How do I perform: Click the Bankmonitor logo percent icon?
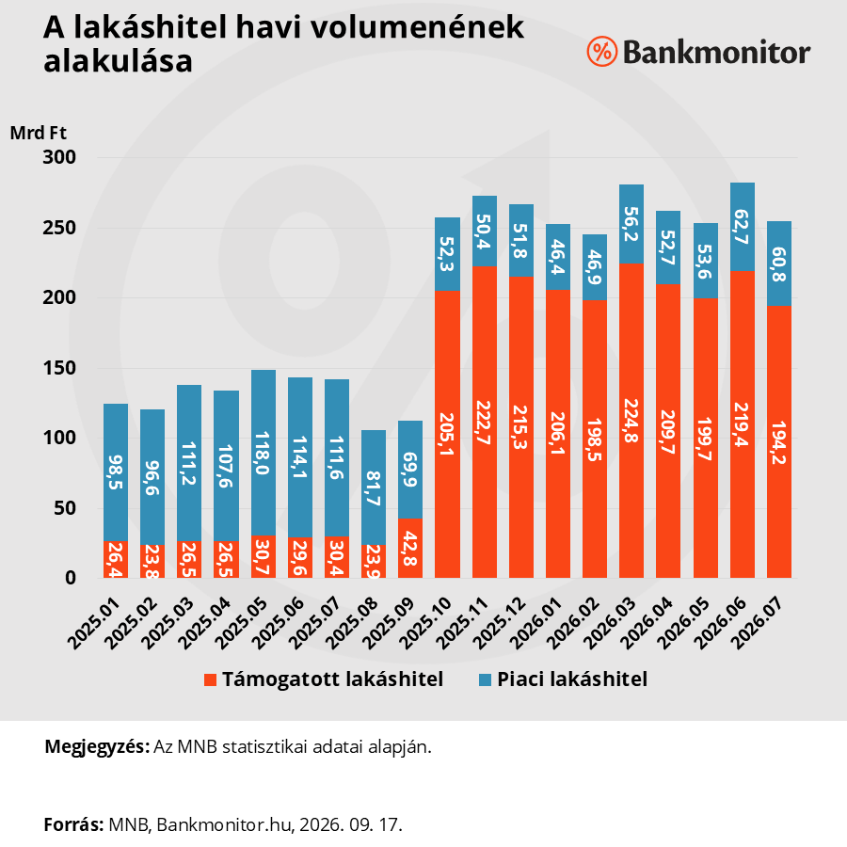point(601,52)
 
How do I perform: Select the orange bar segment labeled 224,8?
point(631,421)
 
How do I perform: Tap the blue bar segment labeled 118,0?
point(264,453)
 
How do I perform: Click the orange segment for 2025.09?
point(410,549)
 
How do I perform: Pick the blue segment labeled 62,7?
point(743,227)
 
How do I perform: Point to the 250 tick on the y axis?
point(59,228)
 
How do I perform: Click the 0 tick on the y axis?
point(71,578)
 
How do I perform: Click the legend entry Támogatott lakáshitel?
point(324,679)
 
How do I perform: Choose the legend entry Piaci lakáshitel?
point(563,679)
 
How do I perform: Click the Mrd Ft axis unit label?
point(39,133)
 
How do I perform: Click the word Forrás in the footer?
point(73,824)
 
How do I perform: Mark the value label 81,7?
point(374,488)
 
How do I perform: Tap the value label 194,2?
point(779,442)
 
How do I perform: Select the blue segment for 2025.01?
point(116,472)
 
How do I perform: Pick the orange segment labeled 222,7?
point(485,422)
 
